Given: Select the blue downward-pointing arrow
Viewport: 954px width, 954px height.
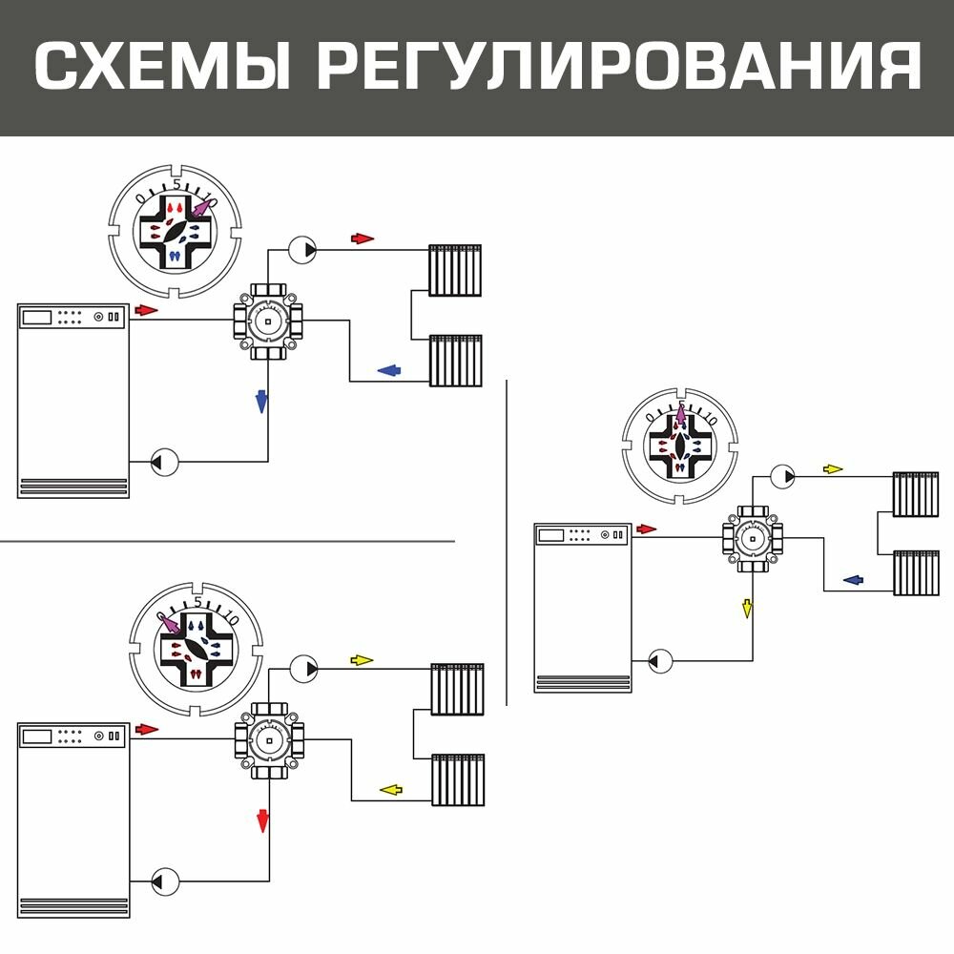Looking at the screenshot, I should [x=260, y=401].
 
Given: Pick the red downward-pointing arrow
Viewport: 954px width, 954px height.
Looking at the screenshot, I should [x=262, y=819].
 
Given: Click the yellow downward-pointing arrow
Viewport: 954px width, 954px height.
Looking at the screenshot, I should [x=748, y=608].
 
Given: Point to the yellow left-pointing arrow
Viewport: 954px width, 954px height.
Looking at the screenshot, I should [x=391, y=789].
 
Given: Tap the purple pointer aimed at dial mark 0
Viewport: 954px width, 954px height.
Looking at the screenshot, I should [x=173, y=625].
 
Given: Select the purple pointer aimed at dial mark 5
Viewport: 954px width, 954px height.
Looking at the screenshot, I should [x=680, y=416].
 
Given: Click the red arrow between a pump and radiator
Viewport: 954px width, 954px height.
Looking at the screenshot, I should [x=363, y=238].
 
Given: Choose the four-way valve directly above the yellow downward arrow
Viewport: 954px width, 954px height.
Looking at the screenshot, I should [x=753, y=539].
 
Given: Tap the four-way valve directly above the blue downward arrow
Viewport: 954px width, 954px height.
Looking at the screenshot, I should [x=269, y=321].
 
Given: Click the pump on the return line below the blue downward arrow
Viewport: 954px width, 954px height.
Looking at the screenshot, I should [x=165, y=463].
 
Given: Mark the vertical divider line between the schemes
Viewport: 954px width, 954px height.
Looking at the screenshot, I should [x=507, y=544].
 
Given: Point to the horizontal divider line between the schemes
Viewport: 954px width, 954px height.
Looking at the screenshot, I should [x=229, y=541].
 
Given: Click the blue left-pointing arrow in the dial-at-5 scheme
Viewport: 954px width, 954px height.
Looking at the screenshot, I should [x=853, y=579].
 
